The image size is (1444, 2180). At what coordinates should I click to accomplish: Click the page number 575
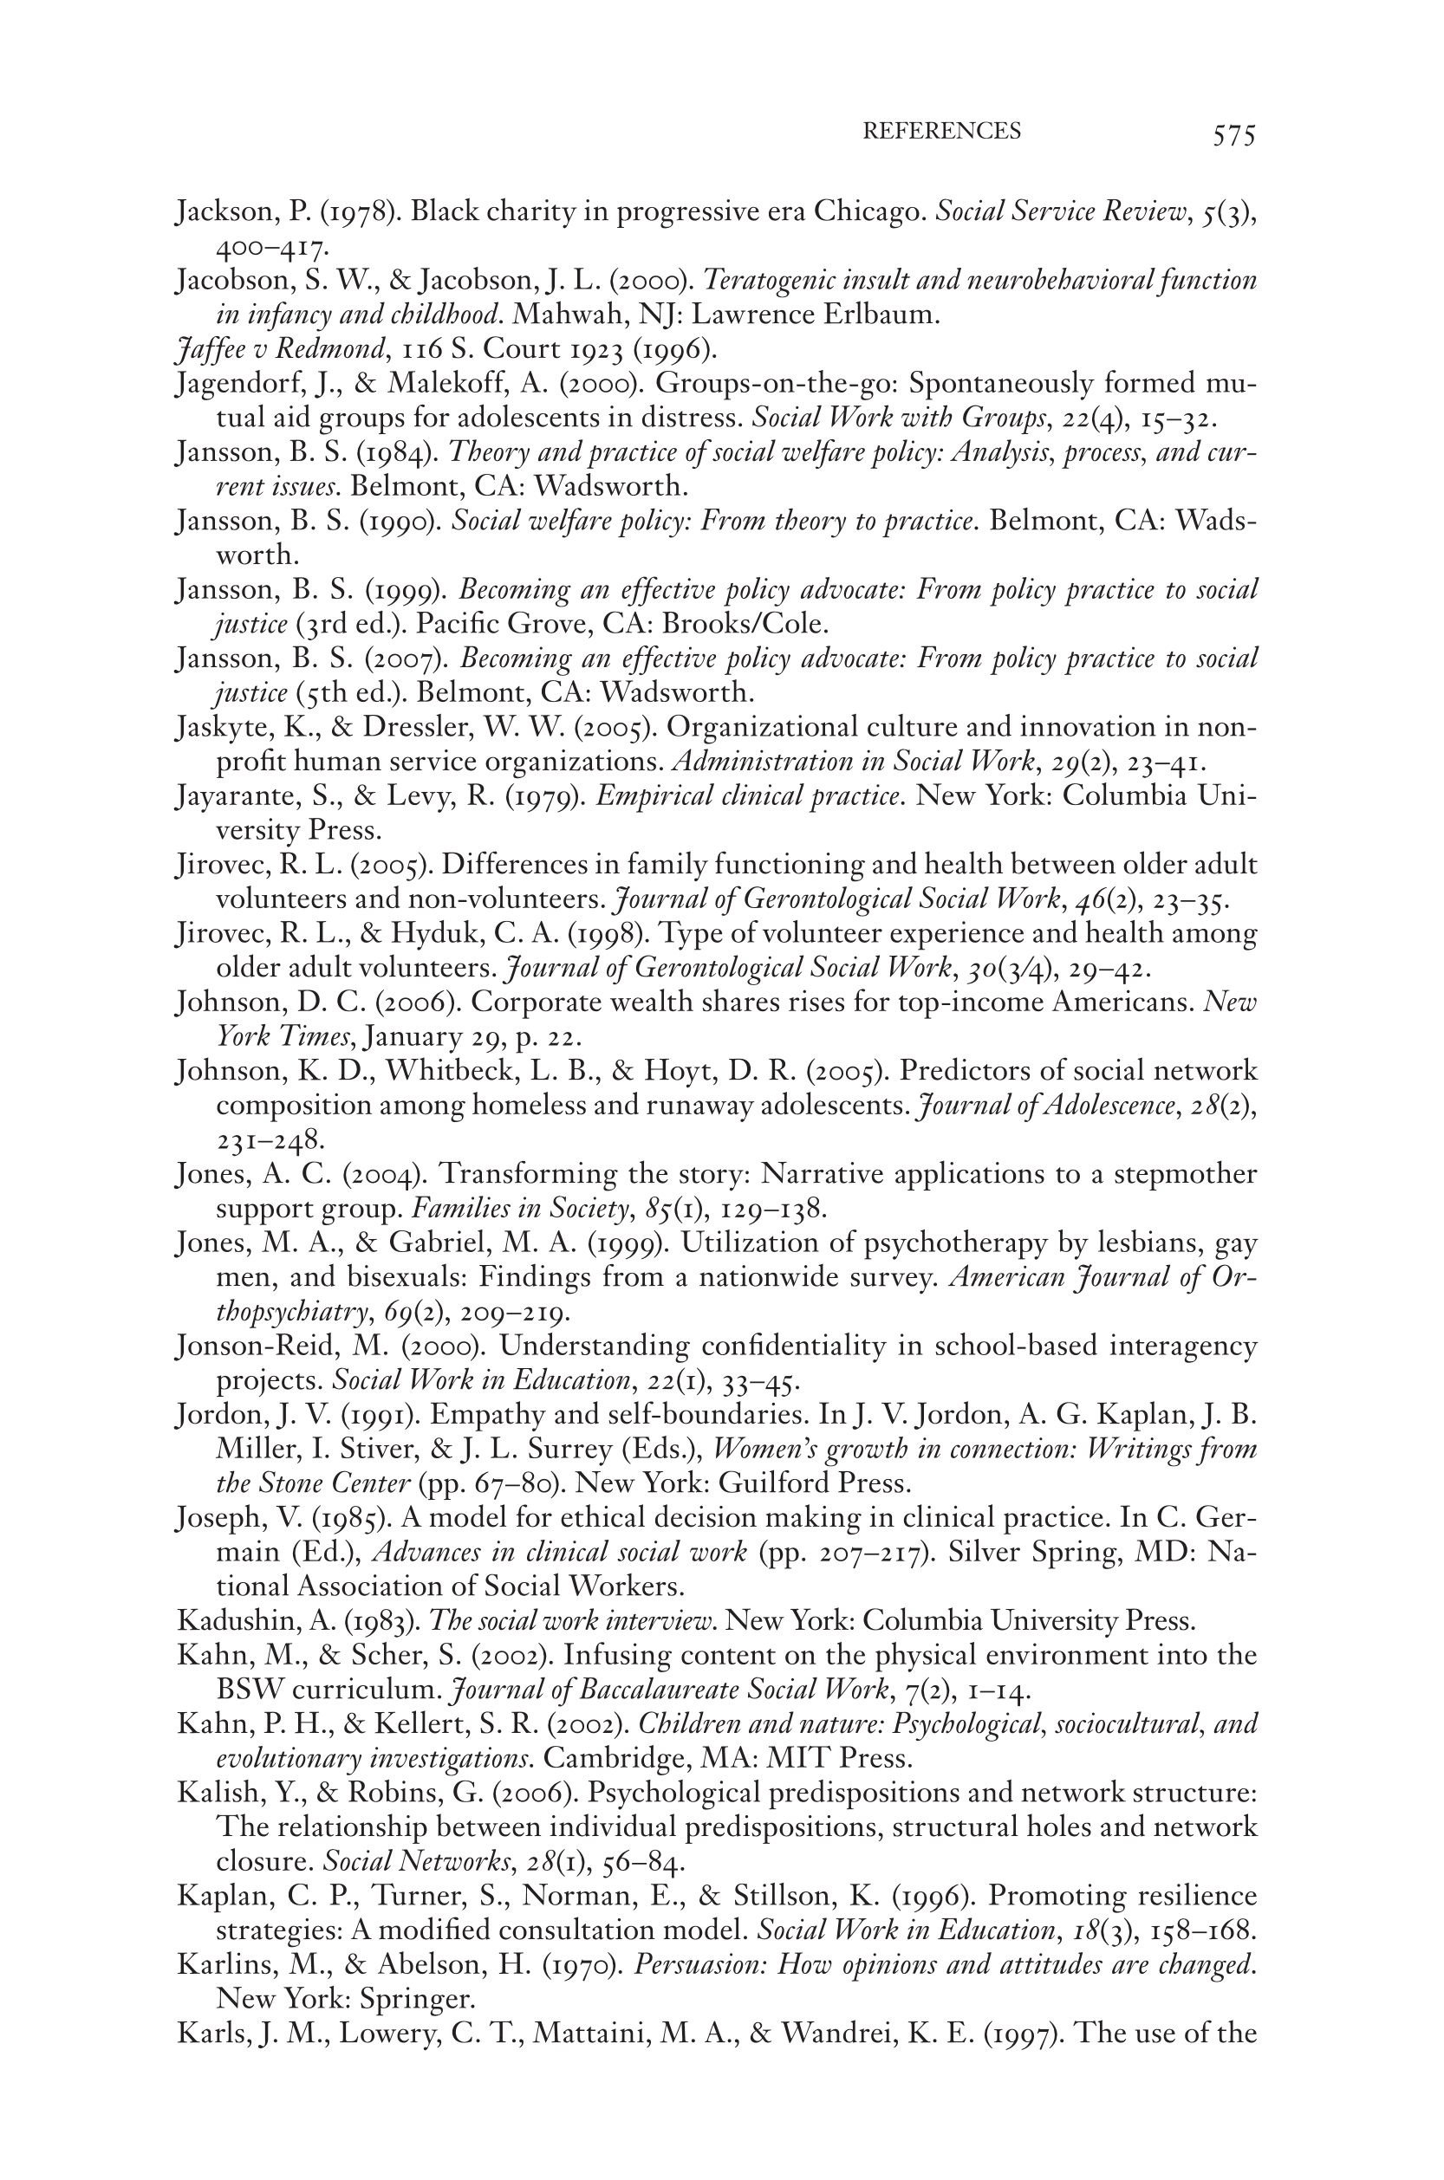pos(1233,136)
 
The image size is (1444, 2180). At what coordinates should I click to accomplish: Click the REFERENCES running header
pos(941,132)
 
